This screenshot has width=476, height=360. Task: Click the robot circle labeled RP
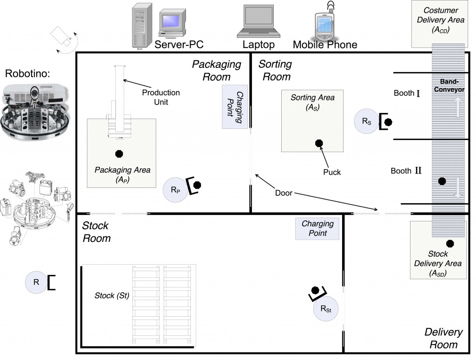click(x=176, y=190)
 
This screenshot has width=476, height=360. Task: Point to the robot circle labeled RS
click(x=366, y=121)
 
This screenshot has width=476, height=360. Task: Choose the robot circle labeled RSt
click(x=325, y=308)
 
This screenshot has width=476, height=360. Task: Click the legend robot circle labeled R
click(x=36, y=282)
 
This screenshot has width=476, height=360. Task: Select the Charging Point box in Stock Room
click(x=317, y=228)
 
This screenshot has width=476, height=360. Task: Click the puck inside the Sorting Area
click(x=319, y=143)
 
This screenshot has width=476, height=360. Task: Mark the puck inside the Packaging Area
click(x=119, y=153)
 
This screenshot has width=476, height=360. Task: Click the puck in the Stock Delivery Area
click(x=450, y=243)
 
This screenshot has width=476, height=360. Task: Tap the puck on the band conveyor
click(x=442, y=180)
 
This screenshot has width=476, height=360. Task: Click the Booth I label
click(x=407, y=93)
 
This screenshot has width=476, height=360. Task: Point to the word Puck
click(x=332, y=172)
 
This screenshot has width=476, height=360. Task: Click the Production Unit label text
click(x=161, y=97)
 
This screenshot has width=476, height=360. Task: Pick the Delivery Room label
click(x=443, y=338)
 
